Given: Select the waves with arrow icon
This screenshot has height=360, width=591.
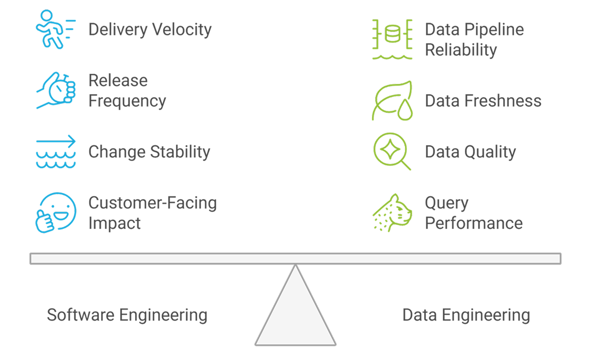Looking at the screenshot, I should [56, 152].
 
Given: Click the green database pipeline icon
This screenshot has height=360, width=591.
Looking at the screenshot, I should [392, 39].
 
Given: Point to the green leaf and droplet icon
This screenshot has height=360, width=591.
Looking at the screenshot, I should [392, 100].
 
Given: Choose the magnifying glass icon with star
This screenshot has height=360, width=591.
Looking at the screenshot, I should [392, 152].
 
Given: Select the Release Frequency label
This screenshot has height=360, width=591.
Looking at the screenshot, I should [127, 91].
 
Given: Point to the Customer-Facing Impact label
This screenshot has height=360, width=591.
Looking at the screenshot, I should [152, 213].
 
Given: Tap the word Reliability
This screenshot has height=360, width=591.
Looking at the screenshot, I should [460, 50].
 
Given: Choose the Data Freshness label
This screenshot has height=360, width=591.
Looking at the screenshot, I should [483, 101].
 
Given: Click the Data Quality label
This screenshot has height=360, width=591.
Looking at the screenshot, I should [470, 152].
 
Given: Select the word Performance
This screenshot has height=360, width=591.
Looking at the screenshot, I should [473, 223].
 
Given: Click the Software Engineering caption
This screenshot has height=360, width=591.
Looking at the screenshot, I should [127, 315].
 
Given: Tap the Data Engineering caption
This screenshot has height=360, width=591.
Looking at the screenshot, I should [466, 315].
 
